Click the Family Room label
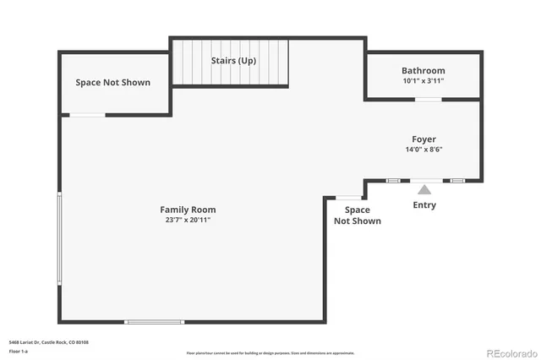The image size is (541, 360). coord(188,210)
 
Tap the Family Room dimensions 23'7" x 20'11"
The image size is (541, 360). coord(188,220)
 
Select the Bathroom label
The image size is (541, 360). coord(423,71)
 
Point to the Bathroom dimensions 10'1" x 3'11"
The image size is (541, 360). coord(423,81)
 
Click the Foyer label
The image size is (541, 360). coord(424,139)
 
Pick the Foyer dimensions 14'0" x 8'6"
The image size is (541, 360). coord(424,149)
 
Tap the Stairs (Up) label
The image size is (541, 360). coord(233,61)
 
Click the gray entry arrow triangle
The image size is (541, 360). coord(424,189)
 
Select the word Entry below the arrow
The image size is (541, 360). coord(424,205)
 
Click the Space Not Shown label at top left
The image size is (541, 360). coord(112,82)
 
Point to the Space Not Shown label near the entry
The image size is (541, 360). coord(357,215)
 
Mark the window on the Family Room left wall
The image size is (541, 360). coord(59,237)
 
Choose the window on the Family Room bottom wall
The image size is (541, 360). coord(154,322)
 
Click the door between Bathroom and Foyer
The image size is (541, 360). coord(428,100)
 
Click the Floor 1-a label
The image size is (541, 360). coord(19,350)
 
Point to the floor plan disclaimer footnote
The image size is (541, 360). coord(270,353)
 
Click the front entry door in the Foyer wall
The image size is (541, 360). coord(424,180)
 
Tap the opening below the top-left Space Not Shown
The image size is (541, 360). coord(87,115)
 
